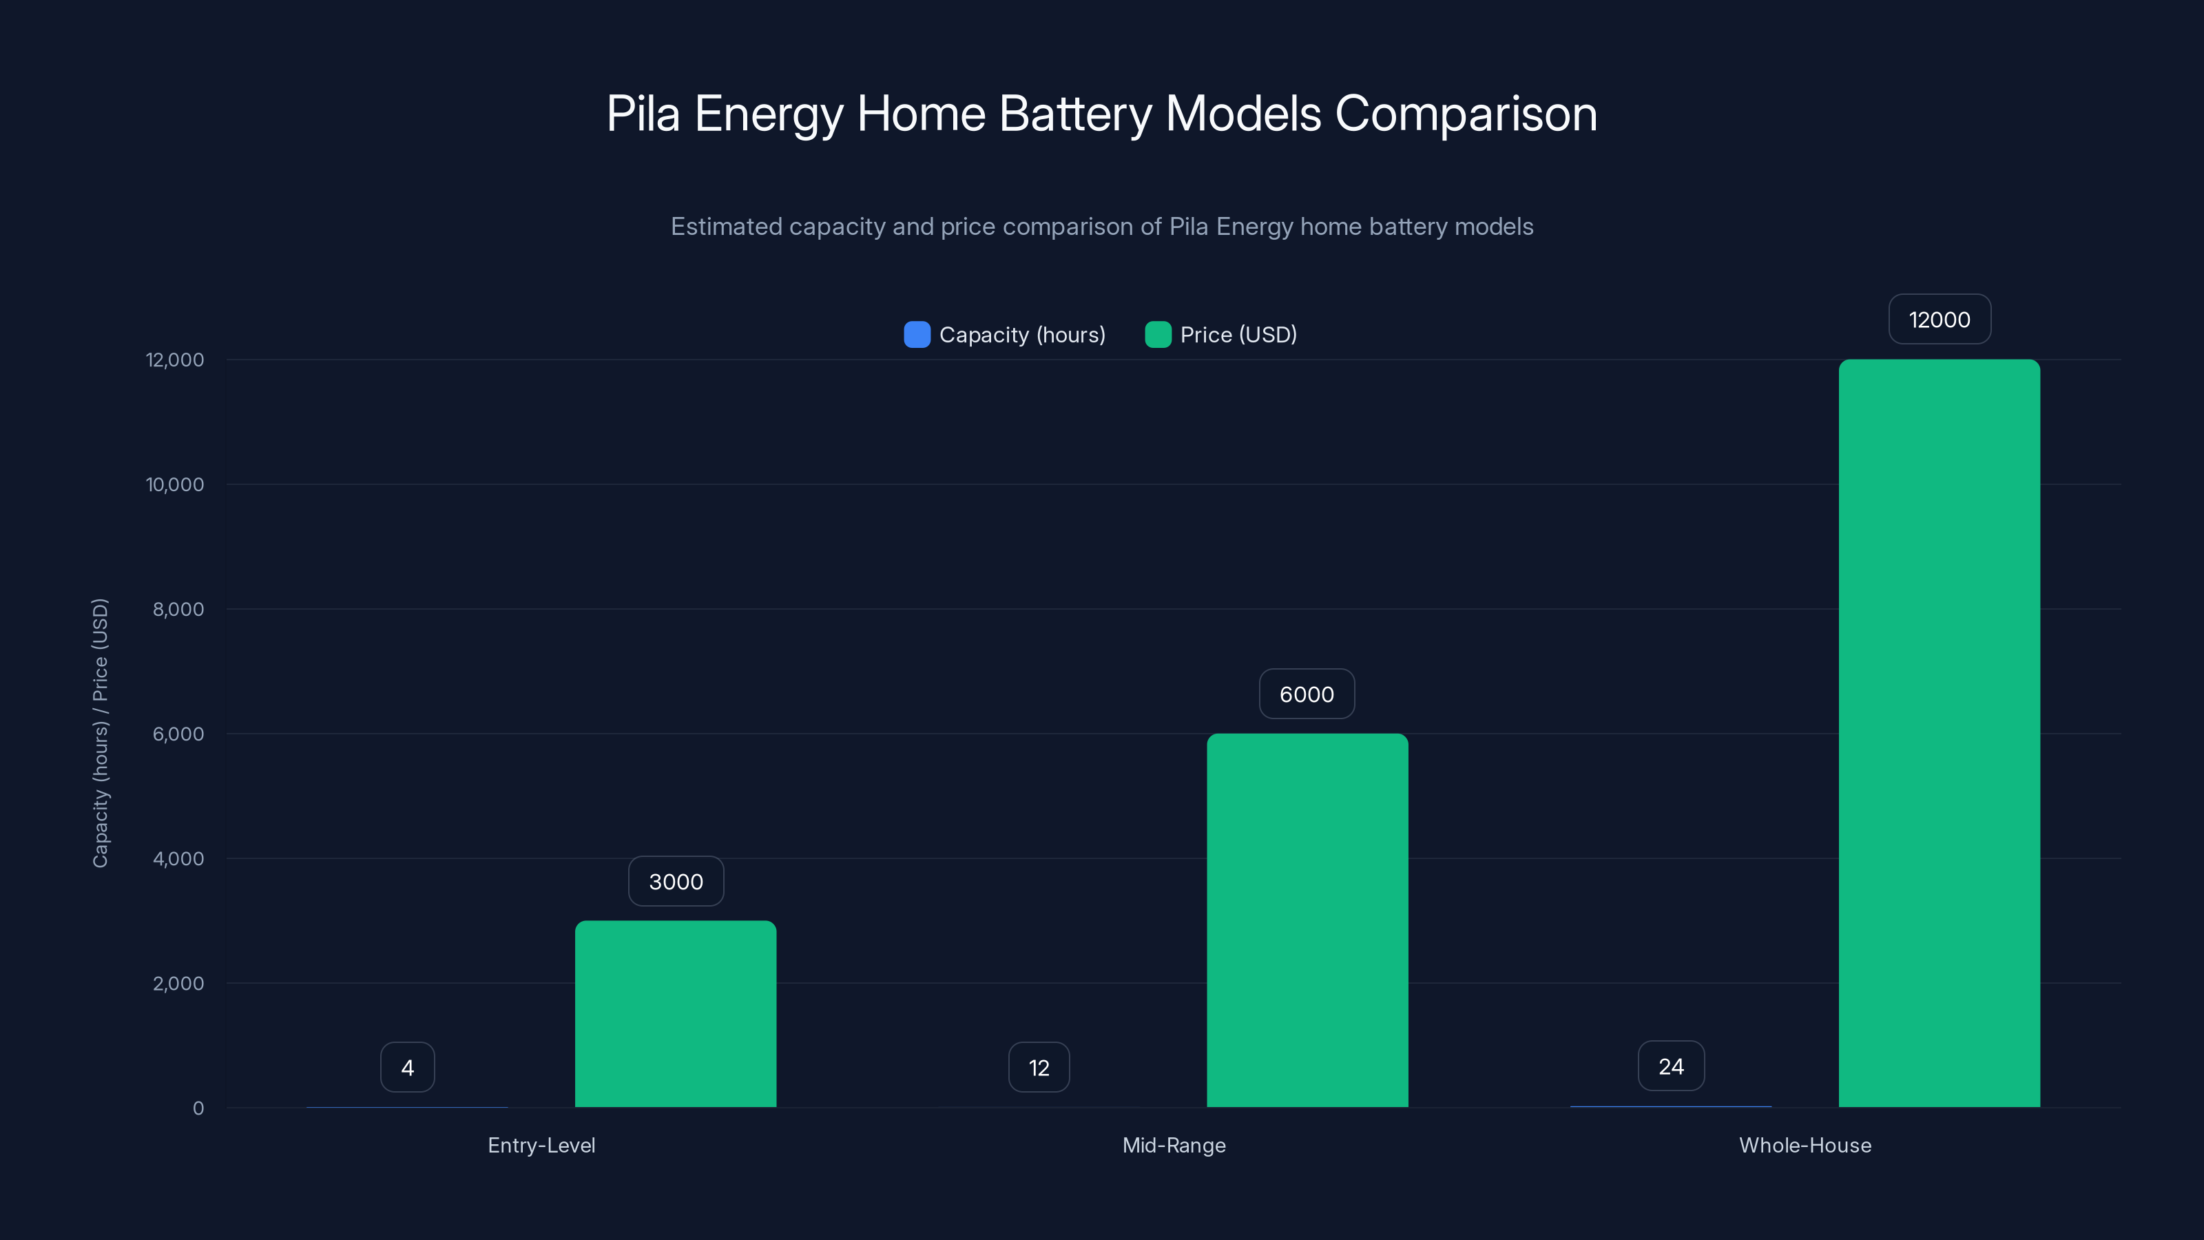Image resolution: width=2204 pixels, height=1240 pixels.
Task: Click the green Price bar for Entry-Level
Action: (675, 1014)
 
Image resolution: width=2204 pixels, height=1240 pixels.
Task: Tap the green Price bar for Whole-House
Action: (1939, 734)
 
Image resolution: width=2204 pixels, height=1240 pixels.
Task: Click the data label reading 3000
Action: (676, 882)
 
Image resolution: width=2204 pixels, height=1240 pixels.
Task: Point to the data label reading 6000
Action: (1307, 694)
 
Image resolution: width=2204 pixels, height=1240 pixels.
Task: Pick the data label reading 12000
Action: (1940, 319)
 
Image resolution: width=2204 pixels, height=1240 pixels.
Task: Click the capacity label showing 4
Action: (407, 1067)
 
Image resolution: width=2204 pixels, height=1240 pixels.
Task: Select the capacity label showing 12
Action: (1039, 1067)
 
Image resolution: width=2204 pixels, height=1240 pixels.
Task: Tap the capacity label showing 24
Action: (1671, 1066)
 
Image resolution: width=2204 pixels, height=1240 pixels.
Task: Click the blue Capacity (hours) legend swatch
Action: (916, 335)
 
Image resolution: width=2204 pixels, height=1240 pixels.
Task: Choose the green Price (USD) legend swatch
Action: (1158, 335)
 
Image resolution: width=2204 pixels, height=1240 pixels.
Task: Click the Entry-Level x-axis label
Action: (541, 1145)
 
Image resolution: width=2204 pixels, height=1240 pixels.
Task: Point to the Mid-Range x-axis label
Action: (1174, 1145)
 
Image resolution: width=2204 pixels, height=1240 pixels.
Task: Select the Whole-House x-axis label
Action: (1805, 1145)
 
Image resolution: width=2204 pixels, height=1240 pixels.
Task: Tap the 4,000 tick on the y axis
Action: (178, 858)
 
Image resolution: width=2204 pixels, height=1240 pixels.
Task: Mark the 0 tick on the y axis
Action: (198, 1108)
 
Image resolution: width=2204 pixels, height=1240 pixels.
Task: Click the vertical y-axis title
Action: (100, 734)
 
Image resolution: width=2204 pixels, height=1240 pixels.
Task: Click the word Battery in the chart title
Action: (1074, 114)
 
